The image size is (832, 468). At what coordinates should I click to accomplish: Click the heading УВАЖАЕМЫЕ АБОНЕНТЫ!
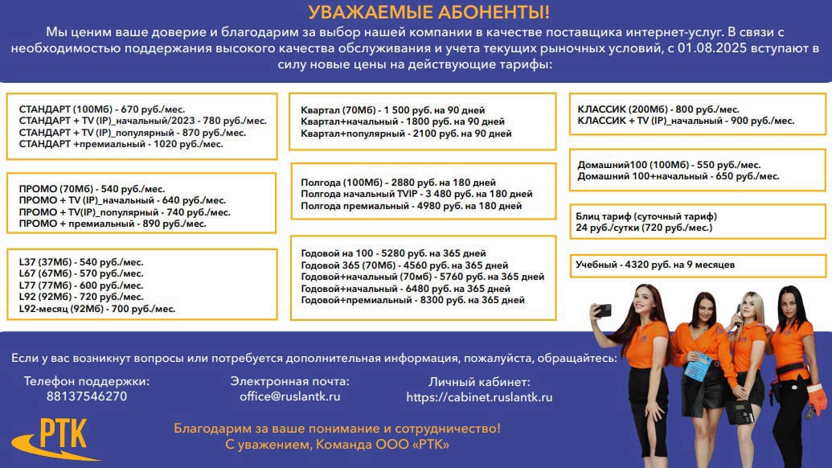click(416, 12)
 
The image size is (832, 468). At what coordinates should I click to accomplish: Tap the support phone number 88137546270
click(87, 396)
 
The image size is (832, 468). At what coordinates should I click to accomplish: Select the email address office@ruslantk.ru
click(289, 396)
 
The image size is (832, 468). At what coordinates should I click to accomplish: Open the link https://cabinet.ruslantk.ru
click(479, 397)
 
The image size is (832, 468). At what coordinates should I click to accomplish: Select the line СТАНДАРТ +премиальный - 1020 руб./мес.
click(121, 145)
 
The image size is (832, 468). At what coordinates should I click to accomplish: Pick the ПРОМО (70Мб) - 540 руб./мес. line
click(92, 188)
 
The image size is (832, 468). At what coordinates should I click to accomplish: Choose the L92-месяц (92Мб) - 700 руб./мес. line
click(96, 309)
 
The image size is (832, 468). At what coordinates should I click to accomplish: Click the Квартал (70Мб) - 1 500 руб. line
click(392, 110)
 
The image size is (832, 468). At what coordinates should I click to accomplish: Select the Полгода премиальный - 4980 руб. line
click(411, 206)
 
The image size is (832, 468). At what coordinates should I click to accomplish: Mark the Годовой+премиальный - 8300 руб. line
click(412, 300)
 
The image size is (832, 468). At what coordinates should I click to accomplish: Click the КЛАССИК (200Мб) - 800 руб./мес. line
click(658, 109)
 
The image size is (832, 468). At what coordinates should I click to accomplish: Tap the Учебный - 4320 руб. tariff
click(654, 265)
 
